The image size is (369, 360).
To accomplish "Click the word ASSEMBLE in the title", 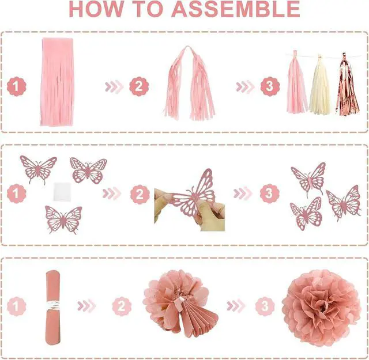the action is [x=236, y=9].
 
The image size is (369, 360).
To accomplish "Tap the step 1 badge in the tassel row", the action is [x=17, y=86].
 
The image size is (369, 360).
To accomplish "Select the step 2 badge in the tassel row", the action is [x=139, y=86].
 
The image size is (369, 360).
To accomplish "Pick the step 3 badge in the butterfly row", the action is [x=270, y=194].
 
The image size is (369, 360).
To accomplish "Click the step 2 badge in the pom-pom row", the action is [x=122, y=306].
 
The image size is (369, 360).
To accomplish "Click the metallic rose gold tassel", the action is [x=347, y=84].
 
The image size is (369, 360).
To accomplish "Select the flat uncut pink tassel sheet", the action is [x=57, y=82].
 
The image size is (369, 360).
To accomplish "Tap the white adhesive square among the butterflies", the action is [x=62, y=191].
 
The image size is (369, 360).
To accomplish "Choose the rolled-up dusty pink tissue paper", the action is [x=52, y=308].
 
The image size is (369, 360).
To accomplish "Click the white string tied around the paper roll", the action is [x=53, y=305].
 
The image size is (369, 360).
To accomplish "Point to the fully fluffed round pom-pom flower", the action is [x=321, y=308].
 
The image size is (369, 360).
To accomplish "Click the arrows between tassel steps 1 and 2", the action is [x=114, y=86].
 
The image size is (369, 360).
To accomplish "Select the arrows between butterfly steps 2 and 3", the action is [x=243, y=194].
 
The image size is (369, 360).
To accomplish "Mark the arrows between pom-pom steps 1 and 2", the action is [x=86, y=306].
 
